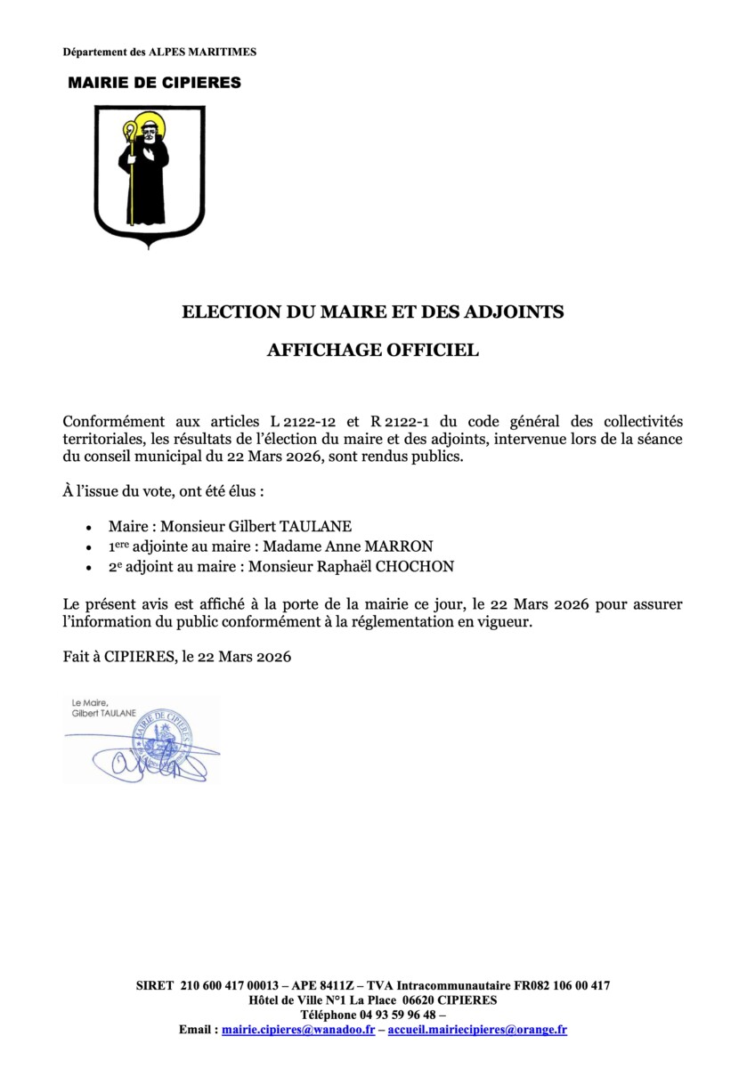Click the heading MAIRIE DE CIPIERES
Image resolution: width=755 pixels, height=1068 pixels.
pyautogui.click(x=155, y=83)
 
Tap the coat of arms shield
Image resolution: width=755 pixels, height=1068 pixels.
pyautogui.click(x=150, y=174)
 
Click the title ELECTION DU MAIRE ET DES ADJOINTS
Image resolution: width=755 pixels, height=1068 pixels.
pyautogui.click(x=373, y=312)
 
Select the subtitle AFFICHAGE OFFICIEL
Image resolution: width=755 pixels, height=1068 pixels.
pyautogui.click(x=373, y=351)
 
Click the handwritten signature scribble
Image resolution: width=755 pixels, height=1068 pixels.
pyautogui.click(x=134, y=762)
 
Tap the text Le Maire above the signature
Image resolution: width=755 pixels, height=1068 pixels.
pyautogui.click(x=89, y=703)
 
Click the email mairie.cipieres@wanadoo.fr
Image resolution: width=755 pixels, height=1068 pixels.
pyautogui.click(x=297, y=1030)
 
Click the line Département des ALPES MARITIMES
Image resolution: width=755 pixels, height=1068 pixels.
pyautogui.click(x=159, y=53)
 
